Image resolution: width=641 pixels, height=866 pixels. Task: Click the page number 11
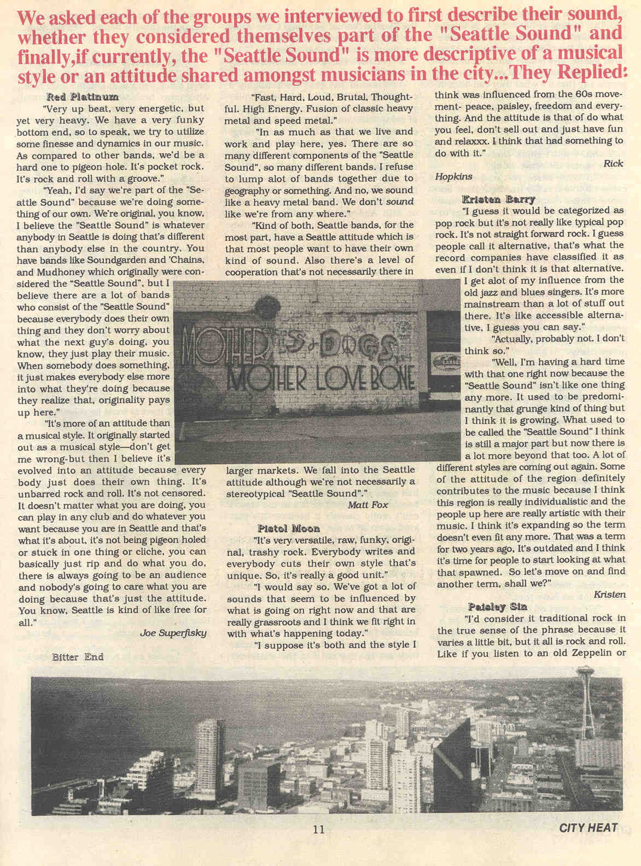click(319, 829)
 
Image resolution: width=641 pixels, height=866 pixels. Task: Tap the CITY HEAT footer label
click(588, 828)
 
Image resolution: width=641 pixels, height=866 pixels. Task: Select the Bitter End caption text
click(78, 657)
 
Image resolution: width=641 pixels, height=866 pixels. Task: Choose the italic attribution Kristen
click(609, 593)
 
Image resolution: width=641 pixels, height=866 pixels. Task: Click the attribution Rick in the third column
click(613, 163)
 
